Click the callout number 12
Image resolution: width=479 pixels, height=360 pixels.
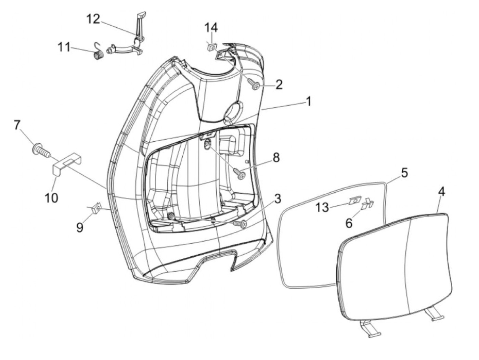[x=93, y=20]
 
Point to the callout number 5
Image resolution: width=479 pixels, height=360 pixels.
[x=404, y=173]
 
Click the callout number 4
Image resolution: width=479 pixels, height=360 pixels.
[x=441, y=192]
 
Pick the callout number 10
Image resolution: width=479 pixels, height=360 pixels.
[x=52, y=197]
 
